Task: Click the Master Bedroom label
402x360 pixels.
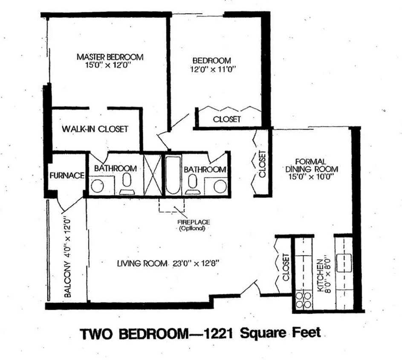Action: point(110,57)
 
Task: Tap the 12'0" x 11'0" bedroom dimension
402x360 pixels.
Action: point(213,68)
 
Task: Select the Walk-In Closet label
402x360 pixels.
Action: point(95,129)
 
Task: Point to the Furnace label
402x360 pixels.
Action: point(67,175)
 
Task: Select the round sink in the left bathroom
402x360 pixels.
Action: point(98,186)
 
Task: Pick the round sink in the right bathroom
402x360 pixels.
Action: point(220,186)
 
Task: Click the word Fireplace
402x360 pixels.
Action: point(194,222)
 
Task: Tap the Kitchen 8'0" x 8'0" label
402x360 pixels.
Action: point(324,273)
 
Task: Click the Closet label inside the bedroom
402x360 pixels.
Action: point(227,119)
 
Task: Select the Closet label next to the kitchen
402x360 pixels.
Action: point(286,267)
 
